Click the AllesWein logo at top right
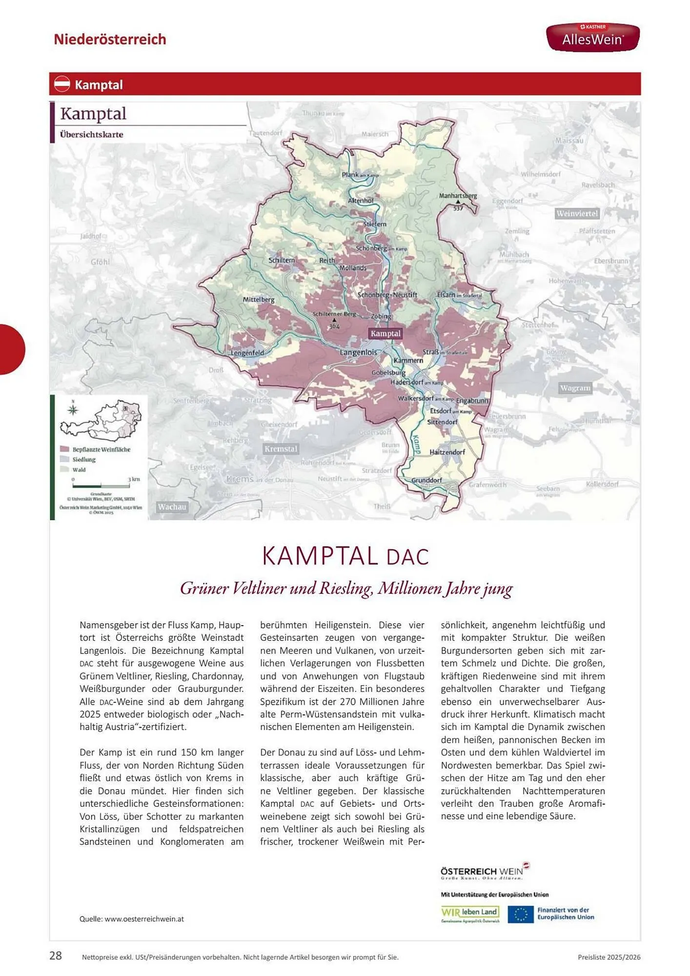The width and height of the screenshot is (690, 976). (x=592, y=37)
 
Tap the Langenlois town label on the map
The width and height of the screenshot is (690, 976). (x=358, y=352)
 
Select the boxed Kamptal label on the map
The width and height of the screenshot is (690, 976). (x=385, y=334)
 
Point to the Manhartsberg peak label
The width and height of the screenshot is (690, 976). (x=458, y=196)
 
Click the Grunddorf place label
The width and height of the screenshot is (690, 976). (x=426, y=480)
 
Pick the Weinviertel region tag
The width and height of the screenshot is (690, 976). (x=577, y=213)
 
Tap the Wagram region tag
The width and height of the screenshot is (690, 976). (x=575, y=388)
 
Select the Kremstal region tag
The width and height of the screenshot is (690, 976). (x=281, y=448)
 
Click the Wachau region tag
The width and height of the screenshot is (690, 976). (x=172, y=507)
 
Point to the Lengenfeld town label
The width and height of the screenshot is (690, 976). (x=247, y=353)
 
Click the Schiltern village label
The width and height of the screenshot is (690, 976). (x=282, y=260)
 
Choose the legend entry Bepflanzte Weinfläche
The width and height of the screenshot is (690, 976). (x=101, y=449)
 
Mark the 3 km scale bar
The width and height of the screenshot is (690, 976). (x=101, y=486)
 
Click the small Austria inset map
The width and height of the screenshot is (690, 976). (x=101, y=420)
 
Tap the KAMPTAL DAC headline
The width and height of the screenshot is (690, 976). (x=345, y=556)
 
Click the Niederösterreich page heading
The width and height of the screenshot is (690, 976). (x=110, y=39)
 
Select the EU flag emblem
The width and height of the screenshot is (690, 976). (x=520, y=914)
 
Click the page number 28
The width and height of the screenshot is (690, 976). (x=56, y=956)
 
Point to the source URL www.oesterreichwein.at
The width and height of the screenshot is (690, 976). (x=144, y=919)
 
